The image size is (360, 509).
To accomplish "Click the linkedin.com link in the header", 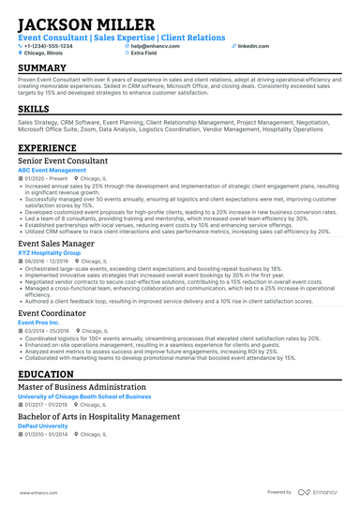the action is (252, 46).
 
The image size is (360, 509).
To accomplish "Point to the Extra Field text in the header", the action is (142, 53).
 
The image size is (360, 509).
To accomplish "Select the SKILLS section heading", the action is (34, 110).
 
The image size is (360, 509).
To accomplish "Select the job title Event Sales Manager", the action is (56, 243).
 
